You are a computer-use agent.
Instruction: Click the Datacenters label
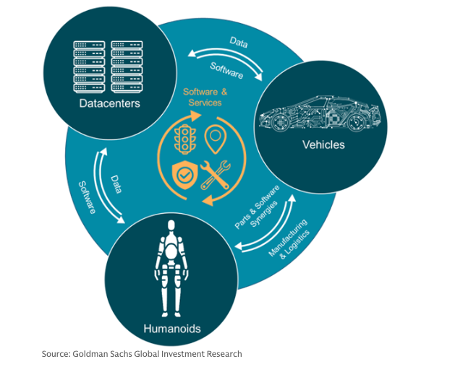[x=111, y=103]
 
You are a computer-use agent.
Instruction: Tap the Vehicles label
[x=323, y=144]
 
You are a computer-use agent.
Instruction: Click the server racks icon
[x=111, y=66]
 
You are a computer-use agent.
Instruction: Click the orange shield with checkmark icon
[x=184, y=173]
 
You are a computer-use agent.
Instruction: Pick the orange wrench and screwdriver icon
[x=216, y=173]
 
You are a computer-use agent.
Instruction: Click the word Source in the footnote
[x=55, y=354]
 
